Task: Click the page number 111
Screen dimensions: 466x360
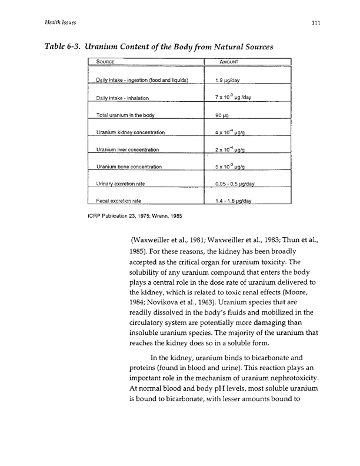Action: (x=315, y=22)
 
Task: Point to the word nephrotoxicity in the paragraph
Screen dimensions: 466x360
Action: (x=279, y=378)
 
